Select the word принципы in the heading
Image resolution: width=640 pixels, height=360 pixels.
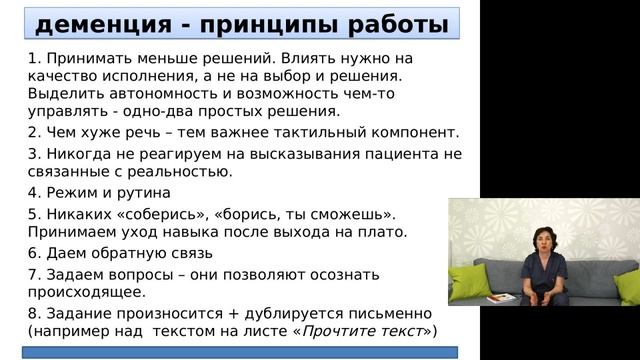pyautogui.click(x=259, y=24)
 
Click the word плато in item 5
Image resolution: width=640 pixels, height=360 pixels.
pyautogui.click(x=384, y=232)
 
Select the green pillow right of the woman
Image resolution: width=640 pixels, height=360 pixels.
pyautogui.click(x=626, y=287)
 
